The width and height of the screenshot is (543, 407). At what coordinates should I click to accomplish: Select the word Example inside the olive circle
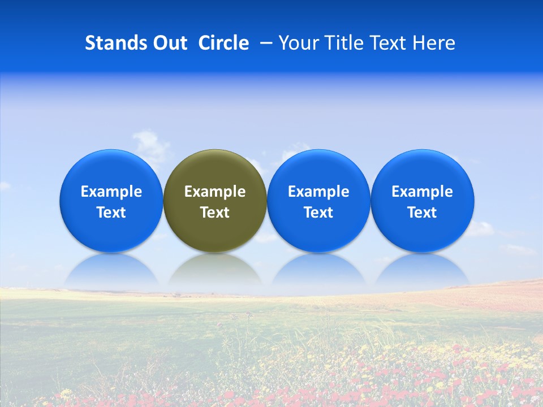[x=215, y=192]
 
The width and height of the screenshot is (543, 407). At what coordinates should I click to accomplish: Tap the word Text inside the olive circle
[x=215, y=213]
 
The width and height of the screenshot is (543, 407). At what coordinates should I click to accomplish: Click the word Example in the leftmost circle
[x=111, y=192]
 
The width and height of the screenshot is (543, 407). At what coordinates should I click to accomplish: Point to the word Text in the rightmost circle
[x=422, y=213]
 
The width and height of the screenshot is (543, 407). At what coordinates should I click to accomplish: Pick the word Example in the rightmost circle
[x=422, y=192]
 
